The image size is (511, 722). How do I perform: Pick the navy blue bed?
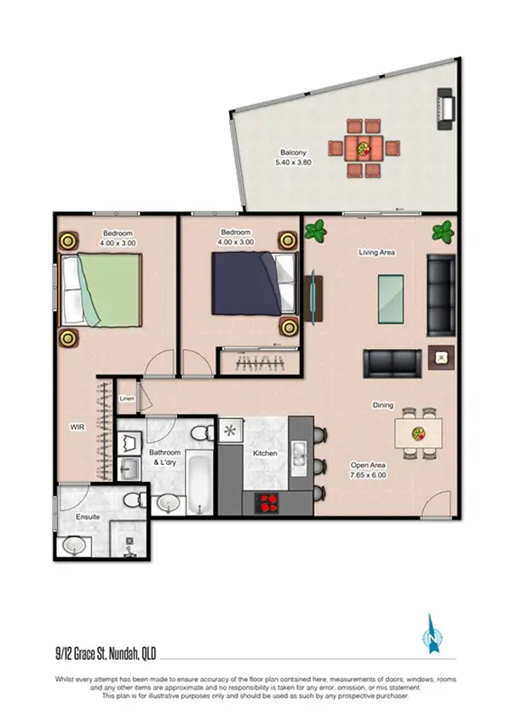click(x=247, y=284)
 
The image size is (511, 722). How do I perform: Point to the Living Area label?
click(x=377, y=252)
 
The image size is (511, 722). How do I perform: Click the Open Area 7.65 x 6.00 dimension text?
click(x=369, y=471)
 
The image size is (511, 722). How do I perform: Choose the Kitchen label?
click(x=265, y=453)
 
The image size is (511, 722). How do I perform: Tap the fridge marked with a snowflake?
click(x=230, y=431)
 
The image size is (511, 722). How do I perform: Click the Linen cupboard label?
click(x=127, y=398)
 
